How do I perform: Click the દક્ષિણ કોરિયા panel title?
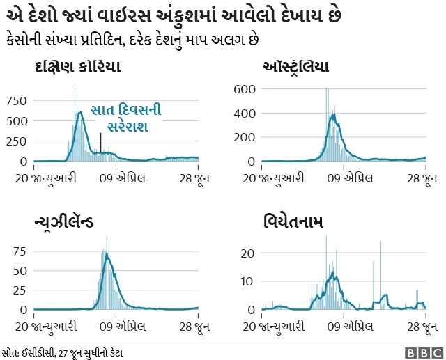click(x=77, y=67)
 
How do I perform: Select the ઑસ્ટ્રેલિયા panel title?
click(x=295, y=67)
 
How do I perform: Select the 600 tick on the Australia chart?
click(x=245, y=89)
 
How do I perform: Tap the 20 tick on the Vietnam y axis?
click(x=247, y=253)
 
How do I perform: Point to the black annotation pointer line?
click(x=100, y=142)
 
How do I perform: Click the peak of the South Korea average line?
click(x=81, y=111)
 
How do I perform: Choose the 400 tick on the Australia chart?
click(x=245, y=113)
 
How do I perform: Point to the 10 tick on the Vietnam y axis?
click(x=247, y=281)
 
